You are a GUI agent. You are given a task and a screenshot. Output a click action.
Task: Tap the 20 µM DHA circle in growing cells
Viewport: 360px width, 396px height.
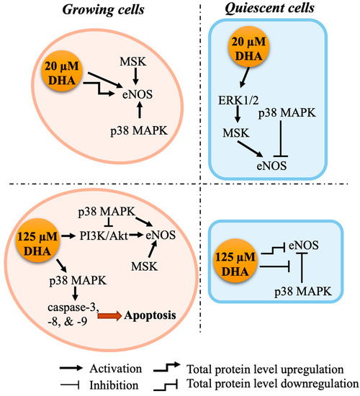[x=53, y=75]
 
